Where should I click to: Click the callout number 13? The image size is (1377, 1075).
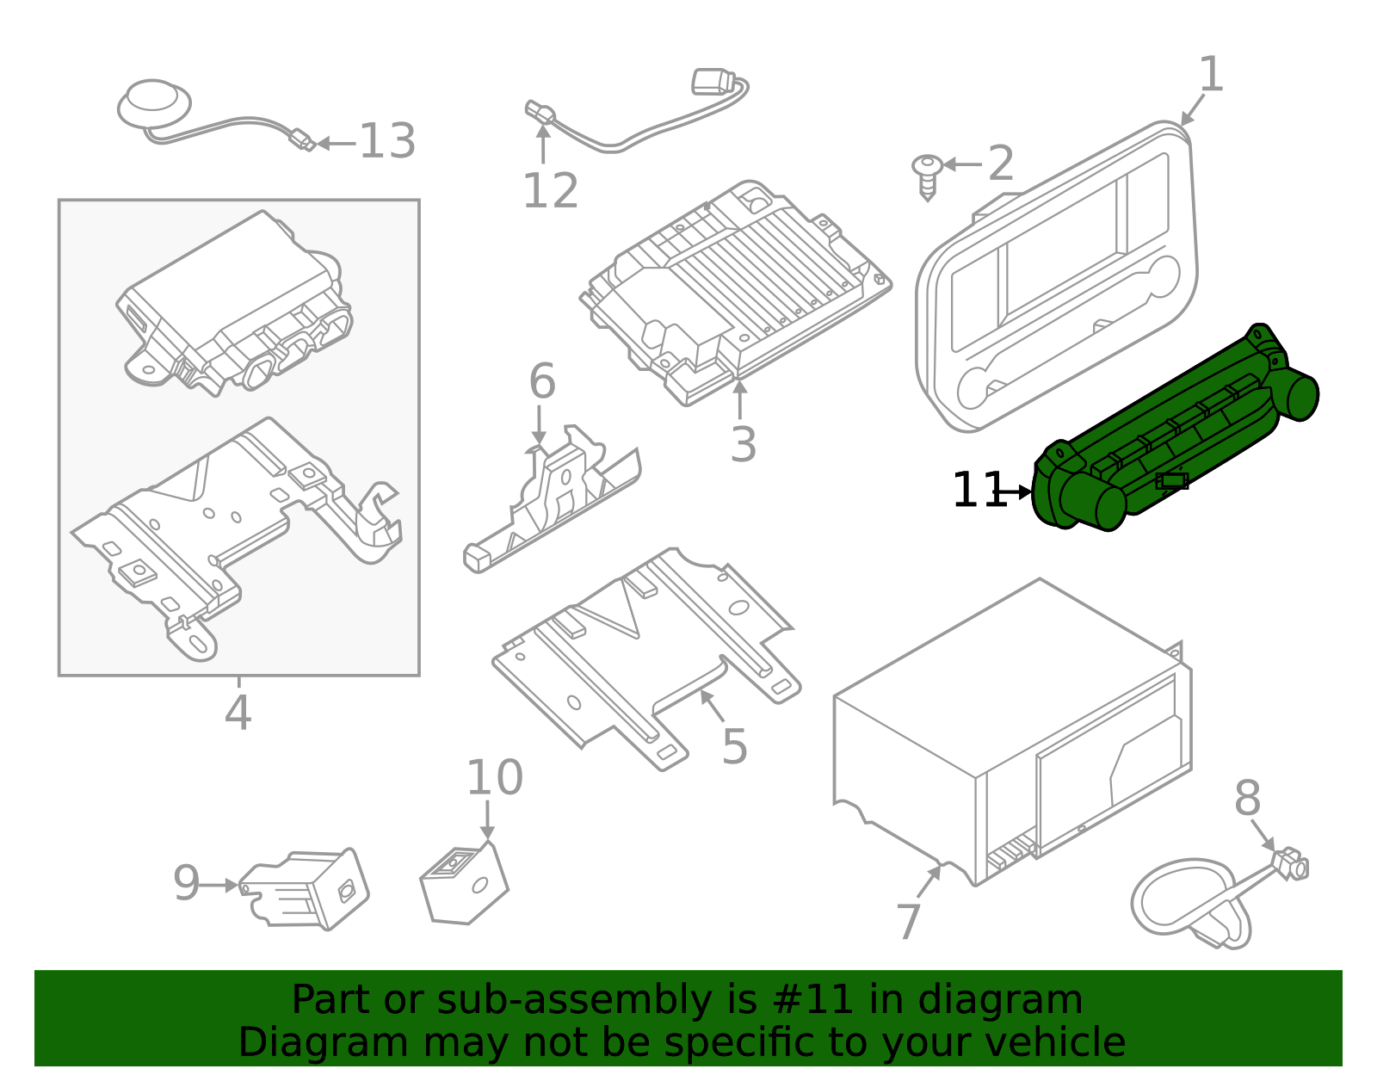(387, 142)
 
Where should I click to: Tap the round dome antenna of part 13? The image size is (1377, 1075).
(154, 102)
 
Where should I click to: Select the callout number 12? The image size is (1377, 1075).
(551, 191)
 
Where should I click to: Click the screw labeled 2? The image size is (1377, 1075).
(927, 175)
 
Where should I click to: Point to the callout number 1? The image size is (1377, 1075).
(1211, 75)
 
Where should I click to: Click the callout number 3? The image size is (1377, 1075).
(743, 444)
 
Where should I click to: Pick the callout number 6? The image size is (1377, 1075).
(542, 381)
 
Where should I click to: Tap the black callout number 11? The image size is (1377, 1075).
(978, 491)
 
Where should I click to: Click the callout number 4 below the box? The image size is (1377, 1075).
(238, 713)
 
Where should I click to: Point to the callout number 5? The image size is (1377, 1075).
(734, 746)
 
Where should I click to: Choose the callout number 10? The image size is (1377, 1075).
(494, 778)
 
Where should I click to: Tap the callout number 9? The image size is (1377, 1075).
(186, 883)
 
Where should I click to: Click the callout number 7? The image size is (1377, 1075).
(909, 922)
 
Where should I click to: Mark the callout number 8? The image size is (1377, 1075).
(1247, 799)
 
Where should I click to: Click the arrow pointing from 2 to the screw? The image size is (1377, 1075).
(962, 164)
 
